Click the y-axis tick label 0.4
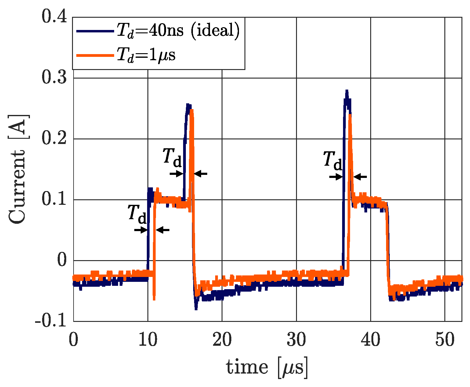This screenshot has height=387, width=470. click(x=54, y=17)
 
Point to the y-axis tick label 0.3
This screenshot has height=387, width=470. click(x=54, y=77)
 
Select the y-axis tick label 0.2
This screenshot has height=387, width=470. click(x=54, y=138)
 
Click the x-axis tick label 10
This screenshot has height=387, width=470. click(x=148, y=340)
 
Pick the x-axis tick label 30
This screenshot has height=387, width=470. click(x=296, y=340)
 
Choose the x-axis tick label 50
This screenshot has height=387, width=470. click(x=445, y=340)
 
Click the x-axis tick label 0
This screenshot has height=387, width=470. click(x=73, y=340)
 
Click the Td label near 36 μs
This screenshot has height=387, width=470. click(x=333, y=160)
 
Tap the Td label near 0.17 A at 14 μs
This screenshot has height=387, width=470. click(x=172, y=157)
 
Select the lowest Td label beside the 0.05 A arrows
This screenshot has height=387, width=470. click(x=137, y=214)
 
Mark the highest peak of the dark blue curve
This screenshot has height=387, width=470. click(x=346, y=91)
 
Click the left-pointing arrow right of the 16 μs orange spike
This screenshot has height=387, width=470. click(x=201, y=174)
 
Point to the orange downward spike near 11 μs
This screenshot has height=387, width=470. click(x=154, y=298)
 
